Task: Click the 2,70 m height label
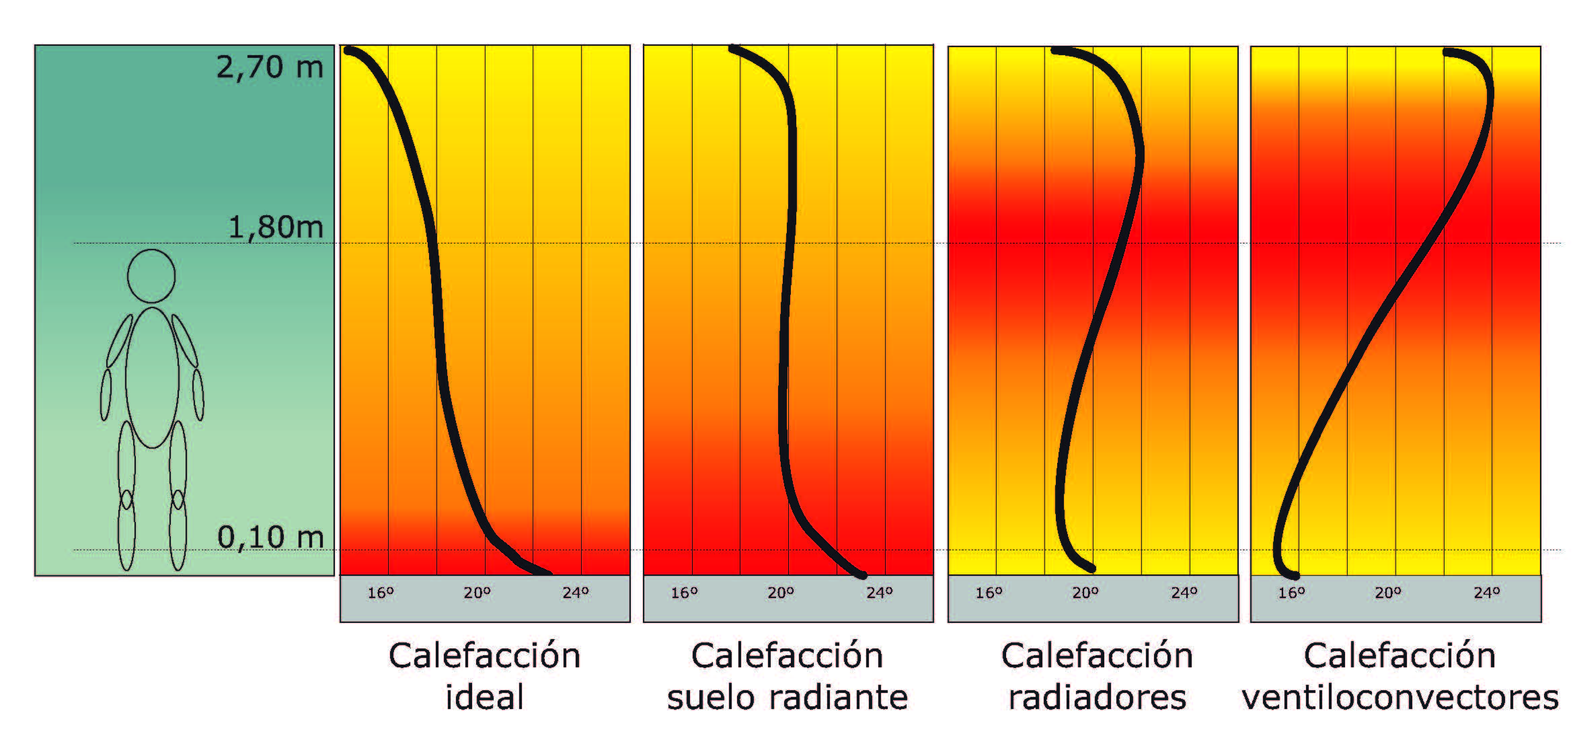pos(269,67)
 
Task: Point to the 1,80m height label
pos(276,227)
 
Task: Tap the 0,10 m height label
pos(270,537)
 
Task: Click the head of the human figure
pos(151,276)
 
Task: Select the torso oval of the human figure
pos(152,377)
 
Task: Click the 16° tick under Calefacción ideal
pos(381,593)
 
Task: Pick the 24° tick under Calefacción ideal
pos(576,593)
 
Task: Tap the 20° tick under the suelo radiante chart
pos(781,593)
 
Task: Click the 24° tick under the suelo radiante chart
pos(879,593)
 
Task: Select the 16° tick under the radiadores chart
pos(989,593)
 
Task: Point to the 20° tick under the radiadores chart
pos(1085,593)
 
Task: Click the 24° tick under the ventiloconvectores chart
pos(1487,593)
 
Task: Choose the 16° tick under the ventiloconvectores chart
pos(1291,593)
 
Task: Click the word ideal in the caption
pos(484,697)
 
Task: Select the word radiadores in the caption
pos(1097,697)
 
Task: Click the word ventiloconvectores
pos(1400,697)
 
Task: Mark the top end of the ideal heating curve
pos(348,50)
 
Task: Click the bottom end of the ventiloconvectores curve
pos(1295,576)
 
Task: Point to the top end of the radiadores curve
pos(1054,50)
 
